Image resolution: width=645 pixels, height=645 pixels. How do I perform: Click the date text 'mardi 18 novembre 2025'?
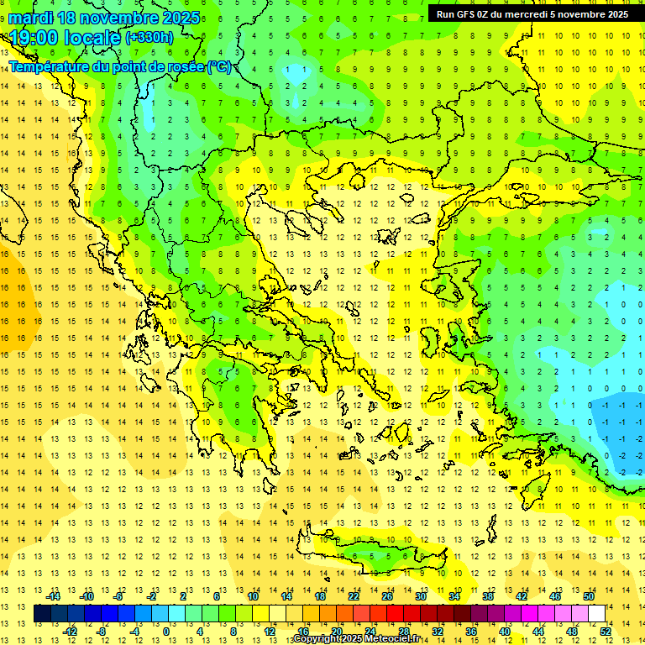click(104, 18)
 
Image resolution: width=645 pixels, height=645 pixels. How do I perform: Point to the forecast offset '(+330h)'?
click(149, 37)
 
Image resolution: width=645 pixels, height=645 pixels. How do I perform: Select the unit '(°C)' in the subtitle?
click(220, 66)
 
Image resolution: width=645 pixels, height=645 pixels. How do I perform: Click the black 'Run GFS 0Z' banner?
click(532, 14)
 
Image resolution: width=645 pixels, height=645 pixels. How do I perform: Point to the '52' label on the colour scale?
click(606, 631)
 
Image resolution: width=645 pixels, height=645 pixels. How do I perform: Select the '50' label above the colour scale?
click(589, 595)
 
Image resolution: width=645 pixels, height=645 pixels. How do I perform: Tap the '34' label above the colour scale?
click(454, 595)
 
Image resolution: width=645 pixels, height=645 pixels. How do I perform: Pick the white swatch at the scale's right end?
click(596, 613)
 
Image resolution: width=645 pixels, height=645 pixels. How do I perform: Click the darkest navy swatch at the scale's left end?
click(42, 613)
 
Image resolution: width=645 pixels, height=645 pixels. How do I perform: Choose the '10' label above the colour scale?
click(253, 595)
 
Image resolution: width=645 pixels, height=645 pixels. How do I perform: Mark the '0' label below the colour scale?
click(166, 631)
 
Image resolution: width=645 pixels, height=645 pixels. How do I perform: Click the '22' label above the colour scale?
click(354, 595)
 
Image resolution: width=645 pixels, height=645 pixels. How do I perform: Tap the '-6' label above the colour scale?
click(119, 595)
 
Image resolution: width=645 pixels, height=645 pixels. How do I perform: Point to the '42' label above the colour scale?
click(522, 595)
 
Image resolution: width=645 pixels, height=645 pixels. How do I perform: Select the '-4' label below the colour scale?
click(135, 631)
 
